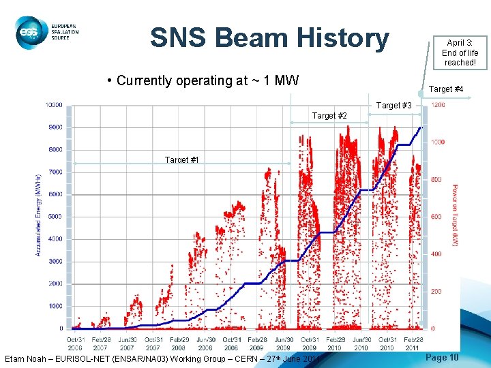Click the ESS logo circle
29,32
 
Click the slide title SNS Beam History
269,38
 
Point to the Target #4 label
446,89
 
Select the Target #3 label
393,106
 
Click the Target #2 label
329,116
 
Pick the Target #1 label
182,159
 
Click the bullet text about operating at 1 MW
207,80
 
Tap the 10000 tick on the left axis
54,105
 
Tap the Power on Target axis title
455,217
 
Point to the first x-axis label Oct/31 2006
75,343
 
